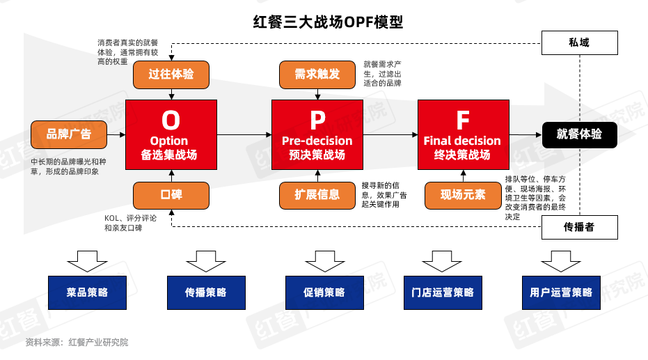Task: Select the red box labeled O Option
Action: [x=171, y=134]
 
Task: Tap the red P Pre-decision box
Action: [x=317, y=134]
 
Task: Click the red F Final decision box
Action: [x=463, y=134]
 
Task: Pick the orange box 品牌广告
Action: [x=69, y=134]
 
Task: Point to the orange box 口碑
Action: [x=171, y=195]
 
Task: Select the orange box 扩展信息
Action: [x=317, y=195]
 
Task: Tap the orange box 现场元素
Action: [x=463, y=195]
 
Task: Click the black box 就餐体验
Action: [x=580, y=134]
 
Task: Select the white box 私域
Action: [x=580, y=43]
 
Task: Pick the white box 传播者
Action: [x=580, y=227]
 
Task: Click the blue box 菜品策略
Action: [x=87, y=292]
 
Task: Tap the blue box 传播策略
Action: [x=206, y=292]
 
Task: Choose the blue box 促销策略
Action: [x=324, y=292]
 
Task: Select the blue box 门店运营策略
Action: [x=443, y=292]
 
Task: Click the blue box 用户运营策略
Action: [x=561, y=292]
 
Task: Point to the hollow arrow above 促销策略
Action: [x=324, y=261]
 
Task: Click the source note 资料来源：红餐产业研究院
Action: [x=77, y=343]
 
